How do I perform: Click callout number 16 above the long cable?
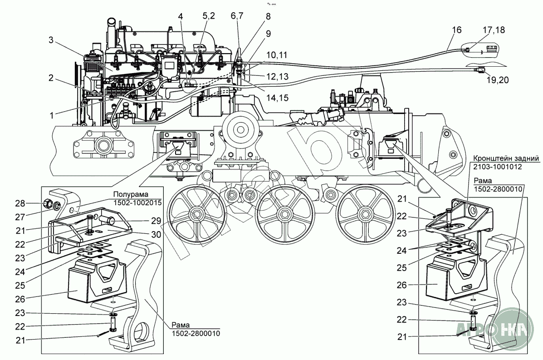[x=456, y=30]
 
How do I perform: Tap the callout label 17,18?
[x=493, y=30]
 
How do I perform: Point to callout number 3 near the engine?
[x=52, y=40]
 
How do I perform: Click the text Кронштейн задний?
[x=506, y=159]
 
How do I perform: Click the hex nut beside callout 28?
[x=48, y=203]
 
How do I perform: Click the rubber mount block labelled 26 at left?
[x=82, y=284]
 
